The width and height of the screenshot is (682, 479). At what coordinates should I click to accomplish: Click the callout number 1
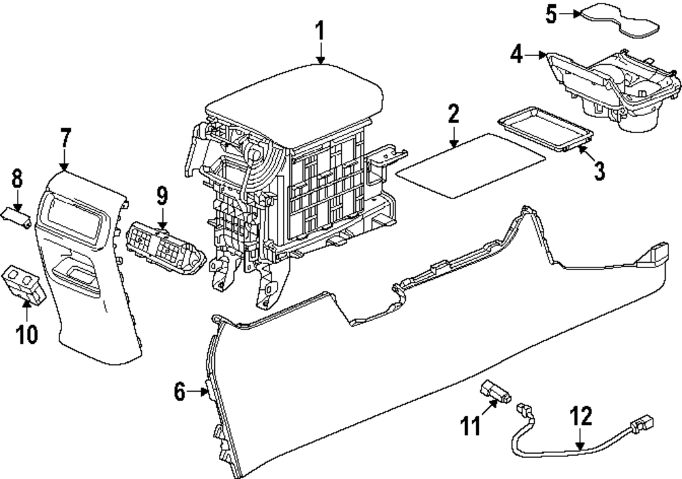point(321,31)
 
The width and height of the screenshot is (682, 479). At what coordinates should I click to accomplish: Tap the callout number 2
point(454,114)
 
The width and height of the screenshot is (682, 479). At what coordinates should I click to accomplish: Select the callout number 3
point(599,170)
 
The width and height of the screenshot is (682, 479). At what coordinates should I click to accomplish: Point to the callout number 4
point(518,54)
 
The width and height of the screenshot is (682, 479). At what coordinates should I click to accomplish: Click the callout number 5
point(552,14)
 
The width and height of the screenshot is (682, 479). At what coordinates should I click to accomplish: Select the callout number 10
point(27,333)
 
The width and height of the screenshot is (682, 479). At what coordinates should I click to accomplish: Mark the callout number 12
point(581,416)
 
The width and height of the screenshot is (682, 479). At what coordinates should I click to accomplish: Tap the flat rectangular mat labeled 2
point(471,166)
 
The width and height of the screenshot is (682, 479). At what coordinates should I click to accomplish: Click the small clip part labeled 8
point(17,216)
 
